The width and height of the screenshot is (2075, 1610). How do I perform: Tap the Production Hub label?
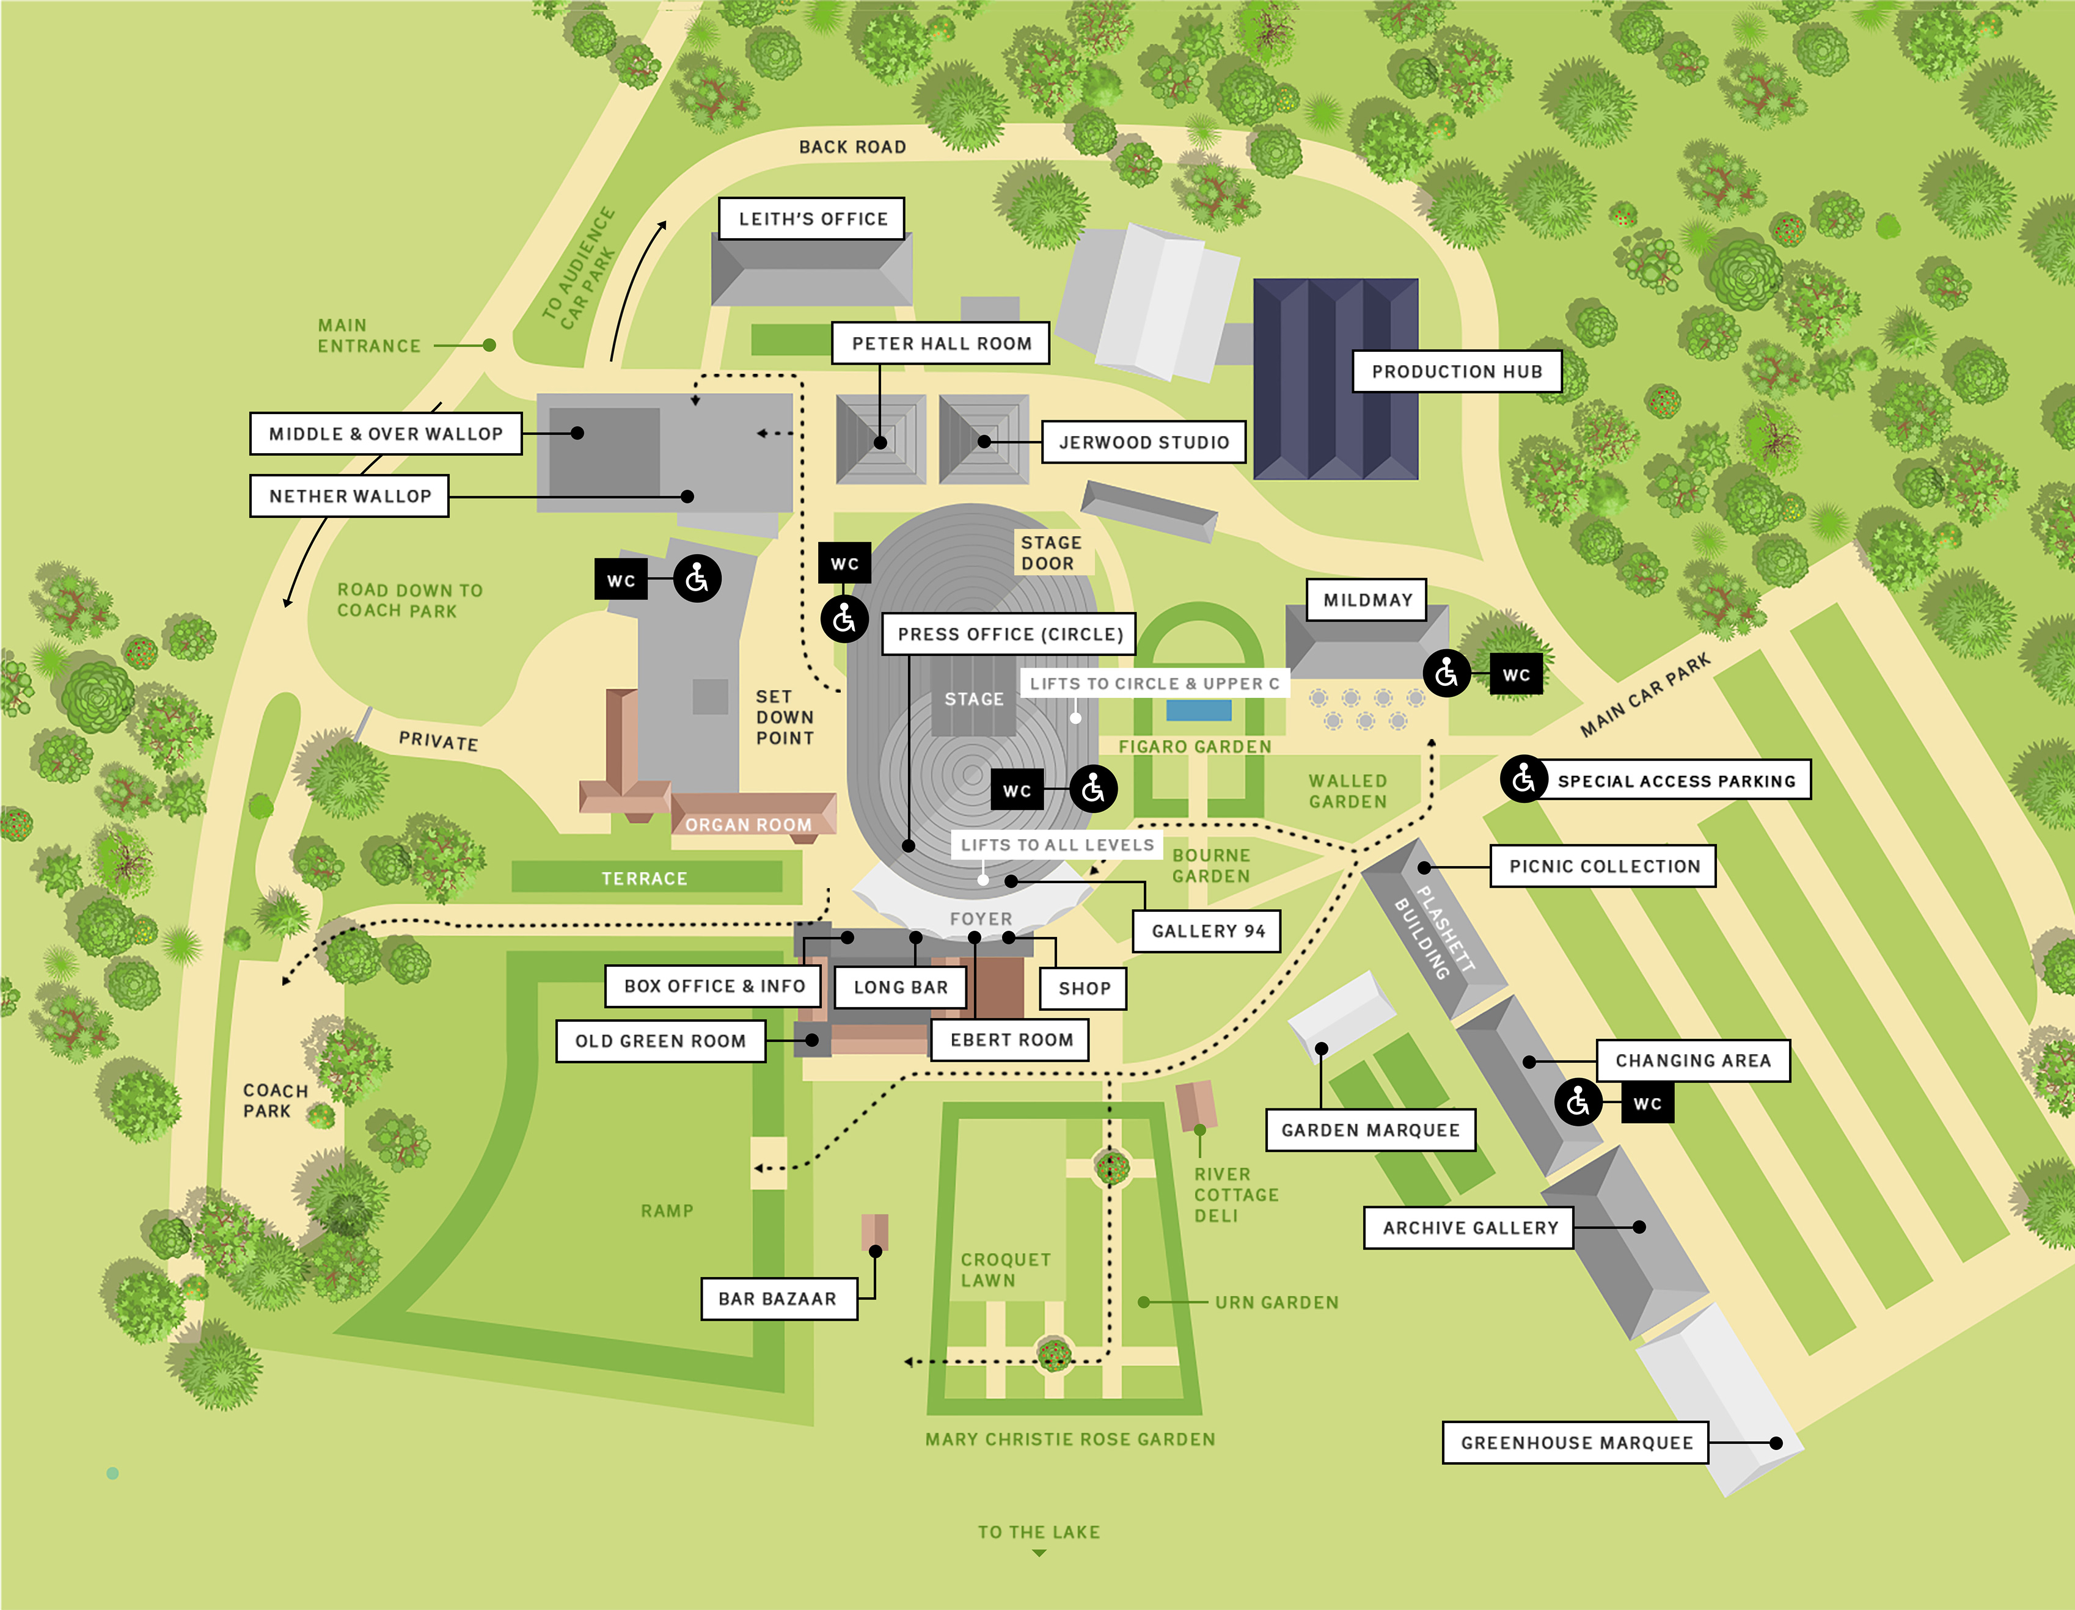click(1457, 371)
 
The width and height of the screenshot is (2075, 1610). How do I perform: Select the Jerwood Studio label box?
click(1143, 442)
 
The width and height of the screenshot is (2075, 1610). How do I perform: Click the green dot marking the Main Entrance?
click(489, 345)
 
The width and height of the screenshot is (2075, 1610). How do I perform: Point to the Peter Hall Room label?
click(940, 343)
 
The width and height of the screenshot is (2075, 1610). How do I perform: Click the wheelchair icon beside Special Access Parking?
click(1523, 779)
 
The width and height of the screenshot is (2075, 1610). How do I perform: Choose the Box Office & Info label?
click(714, 986)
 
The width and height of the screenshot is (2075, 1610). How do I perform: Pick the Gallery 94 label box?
click(1207, 931)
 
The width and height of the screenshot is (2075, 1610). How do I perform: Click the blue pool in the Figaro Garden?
click(1198, 710)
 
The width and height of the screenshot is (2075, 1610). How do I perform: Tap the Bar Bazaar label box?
click(778, 1299)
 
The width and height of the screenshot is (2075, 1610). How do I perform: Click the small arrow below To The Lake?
click(1039, 1553)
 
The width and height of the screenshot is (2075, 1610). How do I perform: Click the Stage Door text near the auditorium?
click(1051, 553)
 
